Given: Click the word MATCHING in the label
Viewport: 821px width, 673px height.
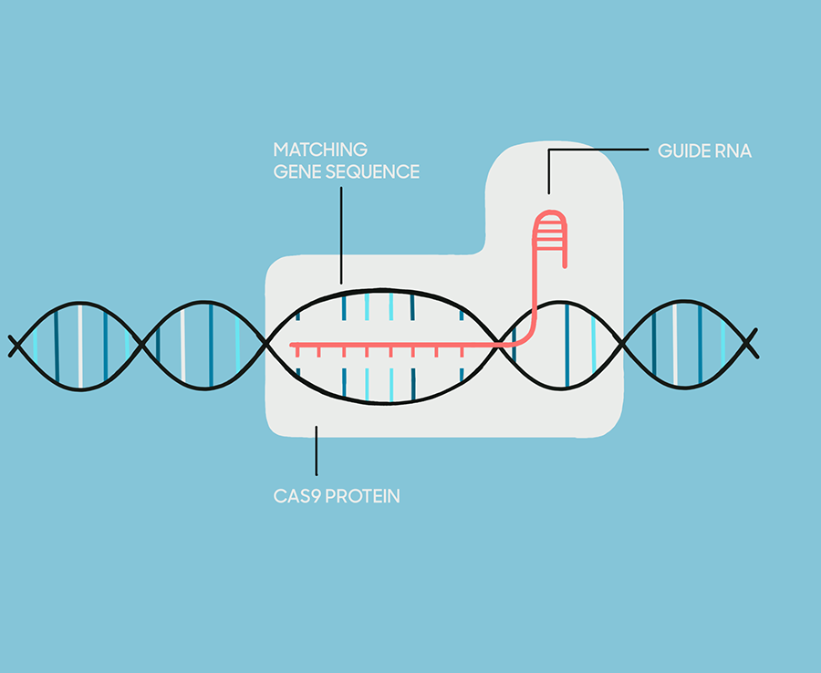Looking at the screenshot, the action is coord(320,150).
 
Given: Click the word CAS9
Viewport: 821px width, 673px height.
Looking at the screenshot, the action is coord(296,496).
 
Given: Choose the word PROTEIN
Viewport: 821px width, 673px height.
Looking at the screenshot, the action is coord(362,496).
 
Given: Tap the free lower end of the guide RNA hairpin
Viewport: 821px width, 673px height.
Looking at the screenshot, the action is coord(565,266).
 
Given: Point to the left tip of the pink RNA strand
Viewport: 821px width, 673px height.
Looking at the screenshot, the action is coord(292,346).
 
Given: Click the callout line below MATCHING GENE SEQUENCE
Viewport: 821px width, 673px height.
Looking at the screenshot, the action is coord(341,235).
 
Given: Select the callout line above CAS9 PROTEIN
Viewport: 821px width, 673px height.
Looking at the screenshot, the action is coord(317,450).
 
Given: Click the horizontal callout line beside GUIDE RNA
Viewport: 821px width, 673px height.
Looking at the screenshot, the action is coord(598,150).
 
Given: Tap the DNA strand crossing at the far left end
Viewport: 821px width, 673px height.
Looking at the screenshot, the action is coord(16,346).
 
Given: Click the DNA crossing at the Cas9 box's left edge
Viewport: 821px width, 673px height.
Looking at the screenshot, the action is coord(267,344).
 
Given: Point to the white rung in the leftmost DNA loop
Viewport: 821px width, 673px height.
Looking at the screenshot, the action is coord(80,346).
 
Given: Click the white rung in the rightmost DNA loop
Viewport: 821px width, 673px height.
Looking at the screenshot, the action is coord(675,345).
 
